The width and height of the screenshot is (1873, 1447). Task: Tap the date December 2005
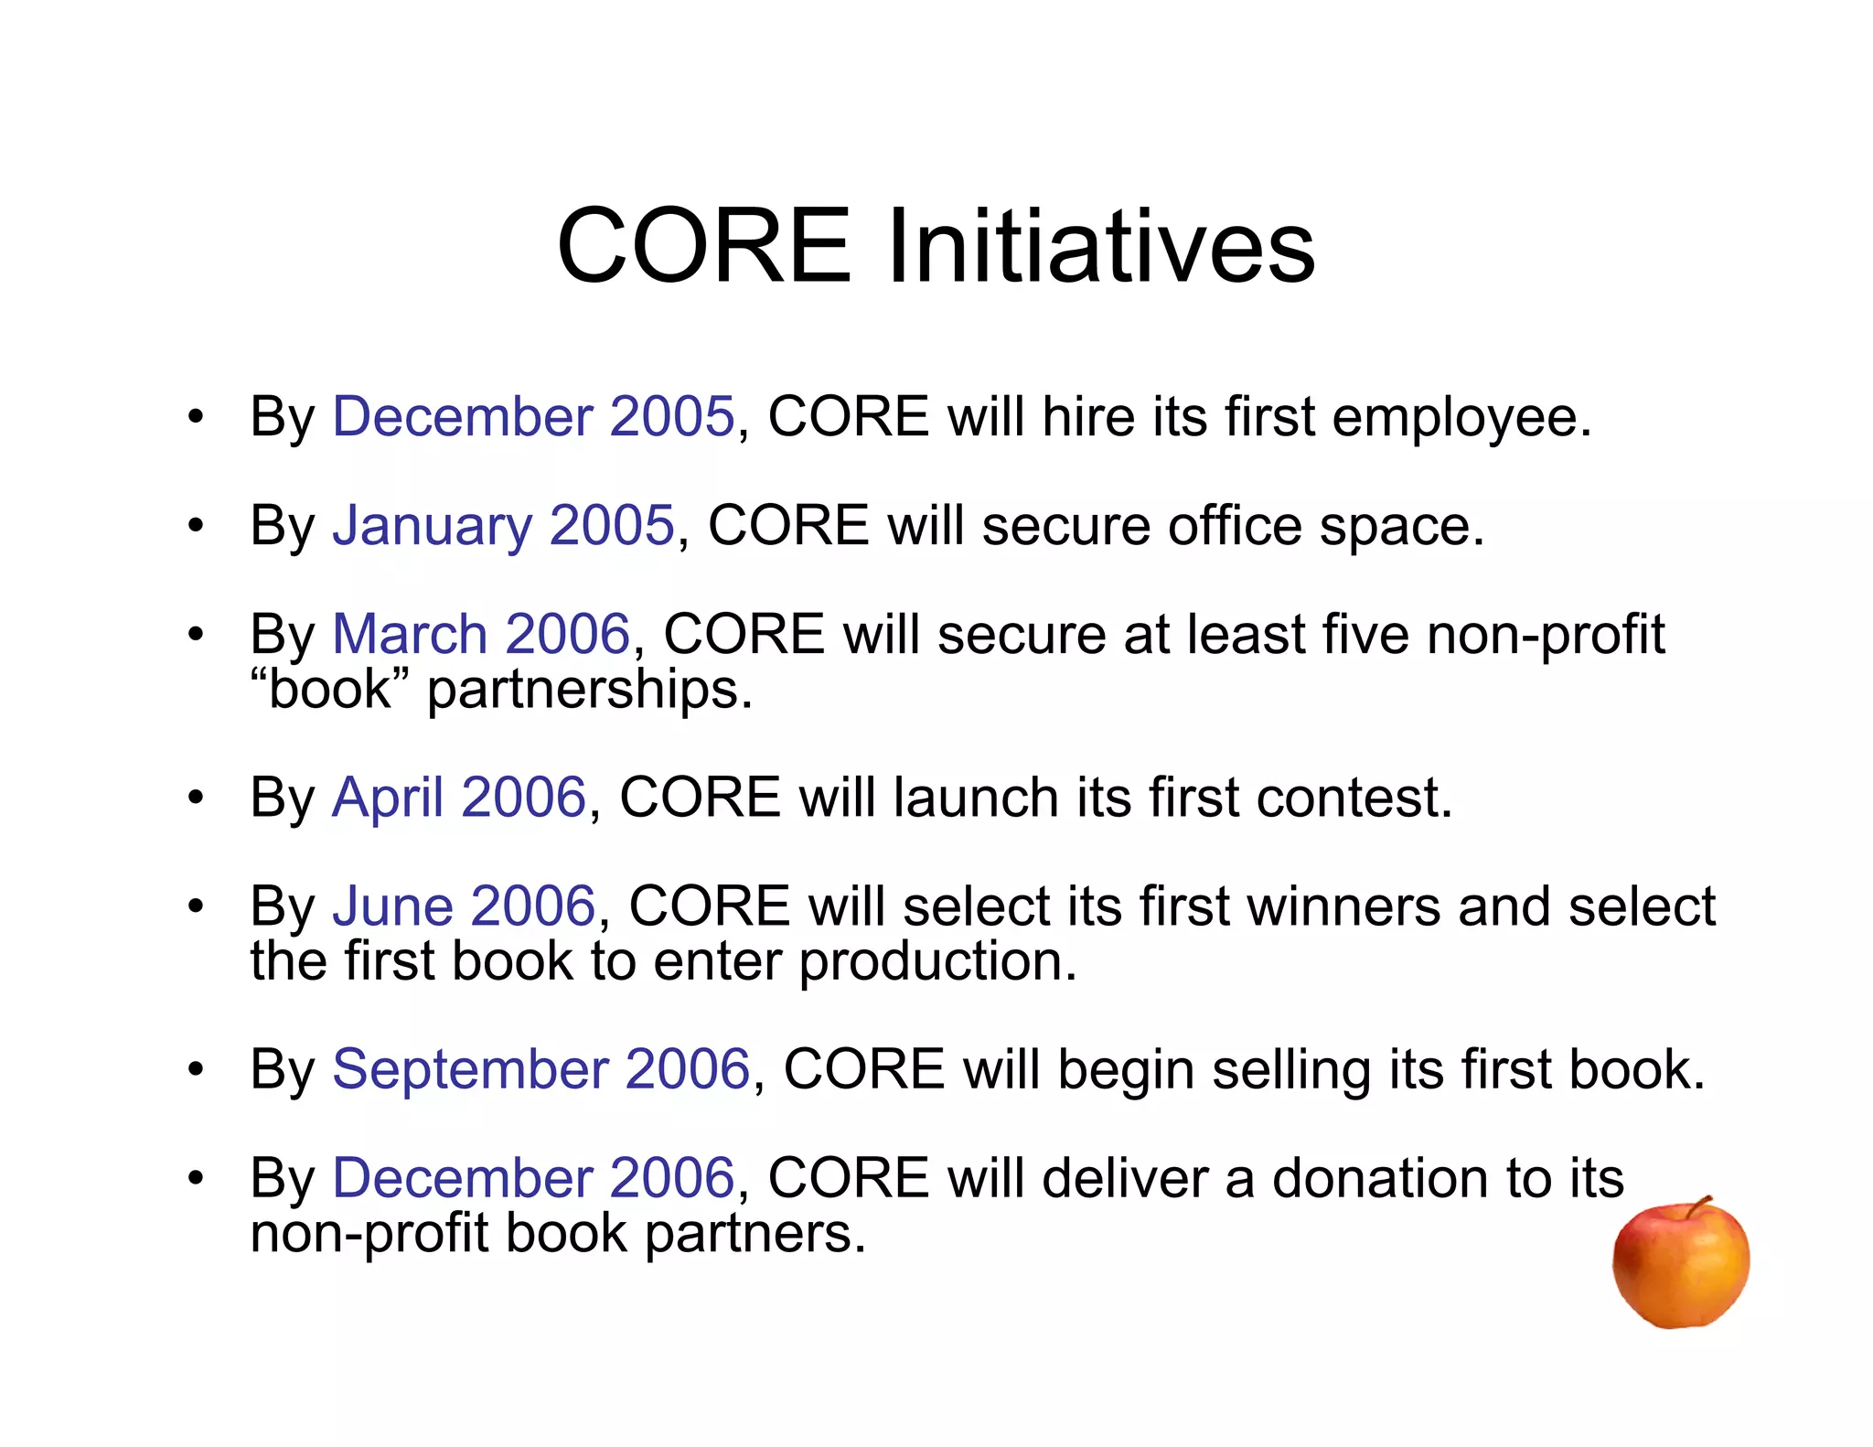point(533,417)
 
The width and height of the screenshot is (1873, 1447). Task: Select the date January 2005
point(503,526)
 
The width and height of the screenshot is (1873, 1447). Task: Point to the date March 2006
point(481,634)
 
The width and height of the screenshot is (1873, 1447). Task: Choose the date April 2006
point(458,798)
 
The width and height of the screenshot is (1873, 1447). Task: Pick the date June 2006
point(464,906)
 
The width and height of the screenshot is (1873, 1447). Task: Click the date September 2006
point(540,1069)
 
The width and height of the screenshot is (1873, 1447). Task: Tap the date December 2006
point(533,1178)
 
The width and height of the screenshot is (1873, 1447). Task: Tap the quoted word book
point(330,689)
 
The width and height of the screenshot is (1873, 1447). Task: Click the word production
point(937,962)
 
